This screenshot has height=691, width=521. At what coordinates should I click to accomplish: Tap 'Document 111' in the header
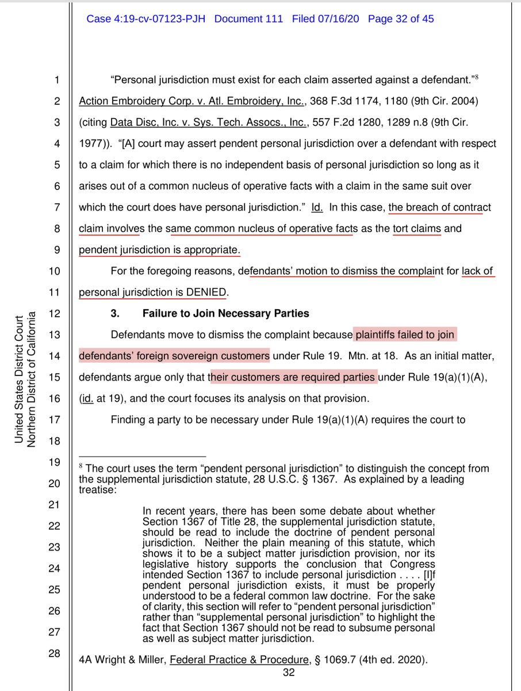[x=248, y=19]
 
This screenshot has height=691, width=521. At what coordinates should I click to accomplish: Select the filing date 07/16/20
[x=340, y=19]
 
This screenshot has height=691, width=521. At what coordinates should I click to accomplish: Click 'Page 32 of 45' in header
[x=401, y=19]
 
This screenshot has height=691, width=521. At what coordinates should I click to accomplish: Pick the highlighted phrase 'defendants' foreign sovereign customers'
[x=174, y=356]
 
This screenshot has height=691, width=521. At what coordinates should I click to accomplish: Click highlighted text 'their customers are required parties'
[x=293, y=377]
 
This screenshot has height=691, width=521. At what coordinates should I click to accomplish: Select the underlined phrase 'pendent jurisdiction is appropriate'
[x=158, y=250]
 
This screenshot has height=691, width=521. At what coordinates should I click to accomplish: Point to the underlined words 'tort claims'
[x=417, y=229]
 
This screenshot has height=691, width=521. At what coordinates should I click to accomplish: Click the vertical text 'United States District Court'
[x=18, y=380]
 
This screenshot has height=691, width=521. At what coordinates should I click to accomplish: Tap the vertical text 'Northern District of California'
[x=32, y=380]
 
